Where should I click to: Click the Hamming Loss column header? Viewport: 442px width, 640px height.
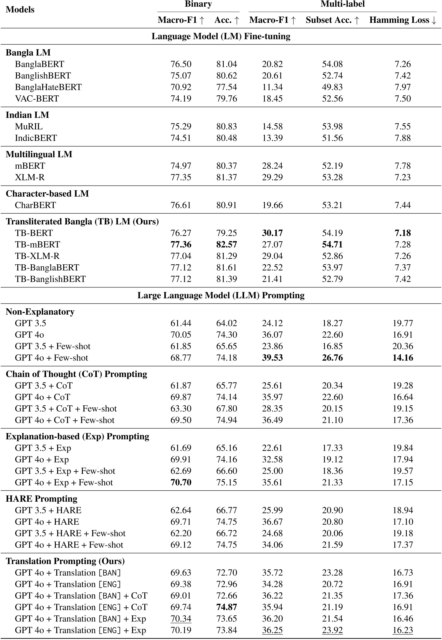click(x=403, y=20)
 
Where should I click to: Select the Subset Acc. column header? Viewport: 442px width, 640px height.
click(x=332, y=20)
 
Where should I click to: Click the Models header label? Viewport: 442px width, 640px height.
click(x=20, y=10)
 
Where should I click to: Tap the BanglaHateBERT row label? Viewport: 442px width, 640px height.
click(x=48, y=87)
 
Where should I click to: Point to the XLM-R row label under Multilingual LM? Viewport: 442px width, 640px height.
click(x=30, y=177)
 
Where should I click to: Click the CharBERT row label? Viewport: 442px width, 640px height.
click(x=35, y=205)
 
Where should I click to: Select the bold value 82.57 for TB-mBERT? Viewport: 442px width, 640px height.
click(x=227, y=245)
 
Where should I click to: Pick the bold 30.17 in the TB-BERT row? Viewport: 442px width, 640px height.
click(x=272, y=233)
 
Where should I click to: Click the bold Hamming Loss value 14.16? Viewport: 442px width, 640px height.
click(x=403, y=358)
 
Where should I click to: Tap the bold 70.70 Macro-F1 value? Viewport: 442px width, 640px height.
click(x=181, y=482)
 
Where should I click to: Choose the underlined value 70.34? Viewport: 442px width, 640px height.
click(x=181, y=619)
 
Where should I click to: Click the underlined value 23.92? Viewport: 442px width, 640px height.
click(x=332, y=630)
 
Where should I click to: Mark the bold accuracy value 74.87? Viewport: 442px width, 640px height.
click(x=227, y=607)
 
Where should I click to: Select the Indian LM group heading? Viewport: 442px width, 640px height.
click(x=27, y=115)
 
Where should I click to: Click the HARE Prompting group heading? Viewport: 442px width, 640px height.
click(x=41, y=499)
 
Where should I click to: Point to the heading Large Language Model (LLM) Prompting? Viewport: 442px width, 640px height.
click(x=221, y=295)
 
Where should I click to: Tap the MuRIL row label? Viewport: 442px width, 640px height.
click(x=29, y=126)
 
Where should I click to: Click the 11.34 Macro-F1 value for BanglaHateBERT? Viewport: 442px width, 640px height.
click(x=272, y=87)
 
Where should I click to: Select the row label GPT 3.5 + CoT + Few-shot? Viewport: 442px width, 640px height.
click(x=66, y=408)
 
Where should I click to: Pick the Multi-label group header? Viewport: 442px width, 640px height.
click(x=343, y=4)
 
